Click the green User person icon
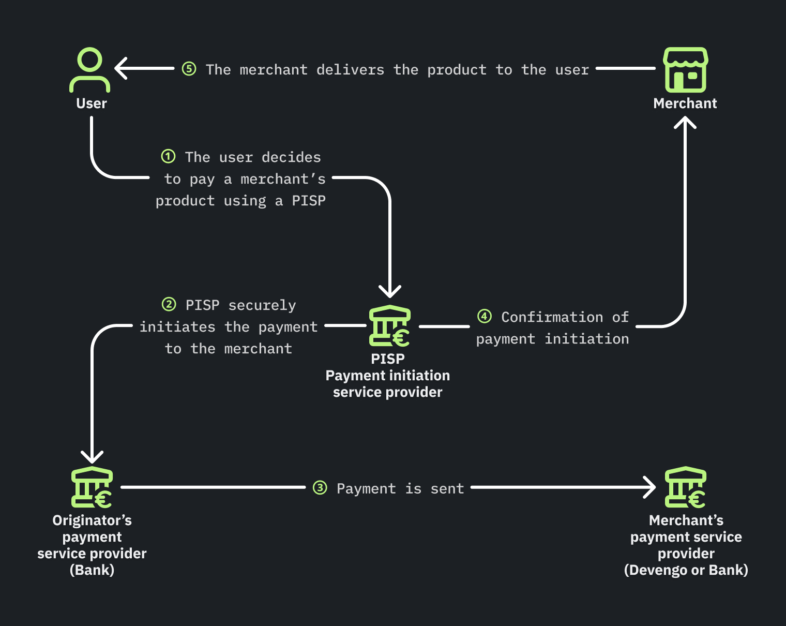point(90,70)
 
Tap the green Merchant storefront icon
point(685,70)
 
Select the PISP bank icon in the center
point(389,326)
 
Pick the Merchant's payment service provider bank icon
point(685,487)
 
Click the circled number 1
point(168,156)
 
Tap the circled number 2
point(169,304)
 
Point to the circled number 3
point(320,487)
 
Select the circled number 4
point(484,316)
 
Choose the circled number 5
point(189,68)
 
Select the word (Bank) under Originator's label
point(92,570)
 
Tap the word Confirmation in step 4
point(552,317)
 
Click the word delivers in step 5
point(350,70)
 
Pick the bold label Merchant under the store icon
point(685,103)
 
